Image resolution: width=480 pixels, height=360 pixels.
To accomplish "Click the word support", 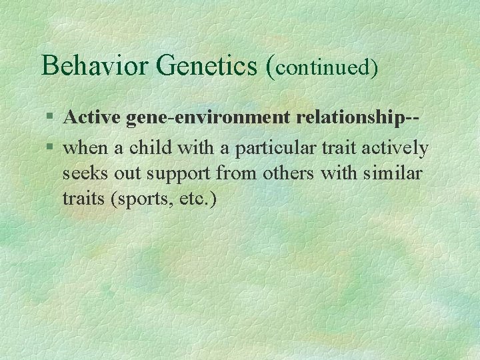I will click(x=172, y=174).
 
